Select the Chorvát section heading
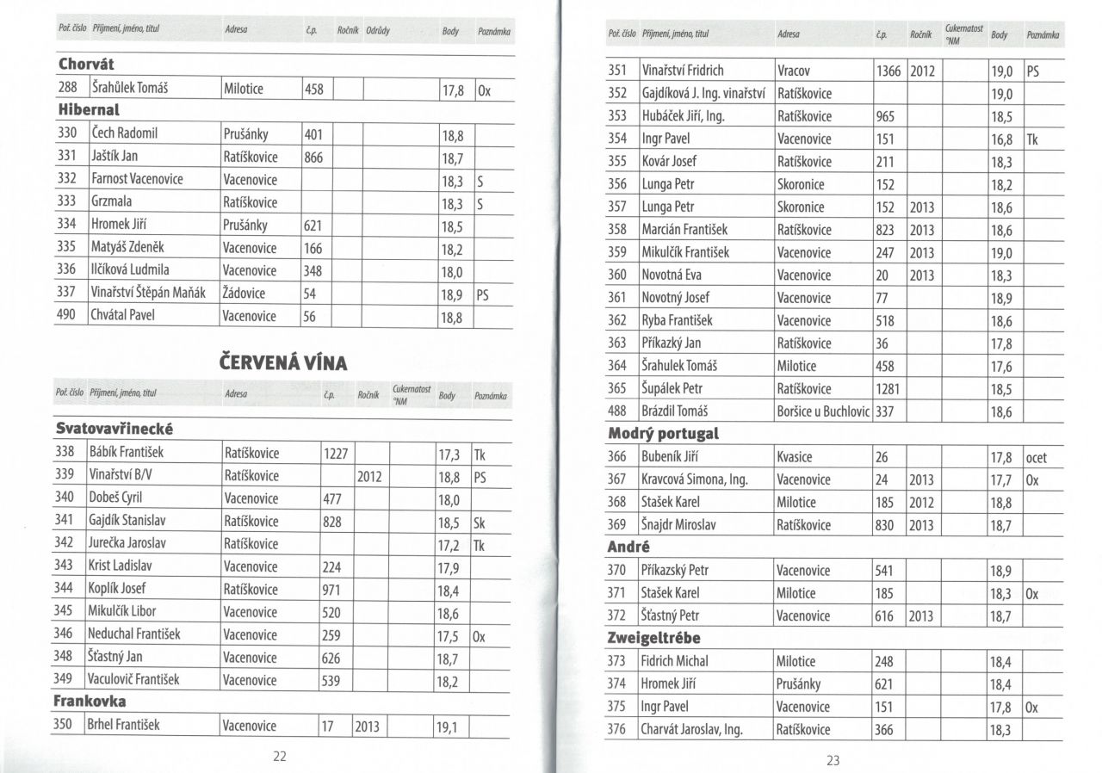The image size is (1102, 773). pos(86,65)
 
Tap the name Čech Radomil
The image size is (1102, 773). pos(124,134)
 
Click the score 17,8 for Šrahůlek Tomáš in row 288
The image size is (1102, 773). pos(453,89)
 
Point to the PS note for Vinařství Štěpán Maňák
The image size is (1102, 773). pos(482,294)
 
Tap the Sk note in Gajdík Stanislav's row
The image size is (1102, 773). pos(480,521)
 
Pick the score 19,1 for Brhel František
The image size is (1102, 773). pos(447,727)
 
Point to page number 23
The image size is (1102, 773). pos(833,760)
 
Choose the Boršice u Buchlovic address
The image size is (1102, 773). pos(823,411)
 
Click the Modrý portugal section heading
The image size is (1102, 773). pos(663,434)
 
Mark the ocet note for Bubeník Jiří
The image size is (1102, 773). pos(1037,457)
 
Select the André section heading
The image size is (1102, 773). pos(628,547)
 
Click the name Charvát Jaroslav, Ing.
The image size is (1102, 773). pos(691,730)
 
